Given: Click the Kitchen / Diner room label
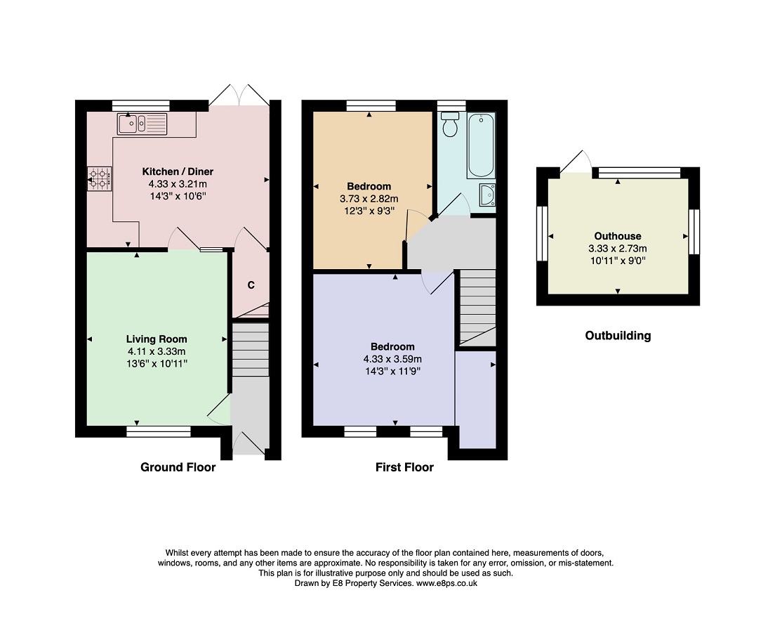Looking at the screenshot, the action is pos(178,171).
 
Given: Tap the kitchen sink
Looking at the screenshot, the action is pos(143,124).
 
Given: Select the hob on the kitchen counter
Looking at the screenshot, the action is pos(100,178).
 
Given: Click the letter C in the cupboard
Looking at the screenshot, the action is pos(251,285).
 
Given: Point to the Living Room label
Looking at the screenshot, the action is pos(157,339).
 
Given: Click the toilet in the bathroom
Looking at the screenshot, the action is pos(450,124).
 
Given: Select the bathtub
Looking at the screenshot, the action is pos(481,145).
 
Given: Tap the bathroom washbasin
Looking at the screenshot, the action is pos(487,195).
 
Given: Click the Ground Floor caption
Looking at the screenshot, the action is pos(178,467).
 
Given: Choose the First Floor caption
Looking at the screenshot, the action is pos(404,467).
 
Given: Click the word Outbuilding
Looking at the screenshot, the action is pos(618,336).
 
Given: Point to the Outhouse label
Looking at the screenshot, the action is pos(618,236).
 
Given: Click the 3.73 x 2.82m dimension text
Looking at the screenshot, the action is pos(369,199).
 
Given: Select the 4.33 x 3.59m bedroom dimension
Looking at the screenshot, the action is pos(392,359).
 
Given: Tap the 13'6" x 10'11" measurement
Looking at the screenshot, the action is pos(157,364).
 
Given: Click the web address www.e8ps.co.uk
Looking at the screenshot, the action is pos(446,583).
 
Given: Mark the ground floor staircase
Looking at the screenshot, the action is pos(251,350).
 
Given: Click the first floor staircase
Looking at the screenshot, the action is pos(477,307).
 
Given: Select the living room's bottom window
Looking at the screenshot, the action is pos(159,432).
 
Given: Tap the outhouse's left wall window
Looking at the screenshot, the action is pos(542,233).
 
